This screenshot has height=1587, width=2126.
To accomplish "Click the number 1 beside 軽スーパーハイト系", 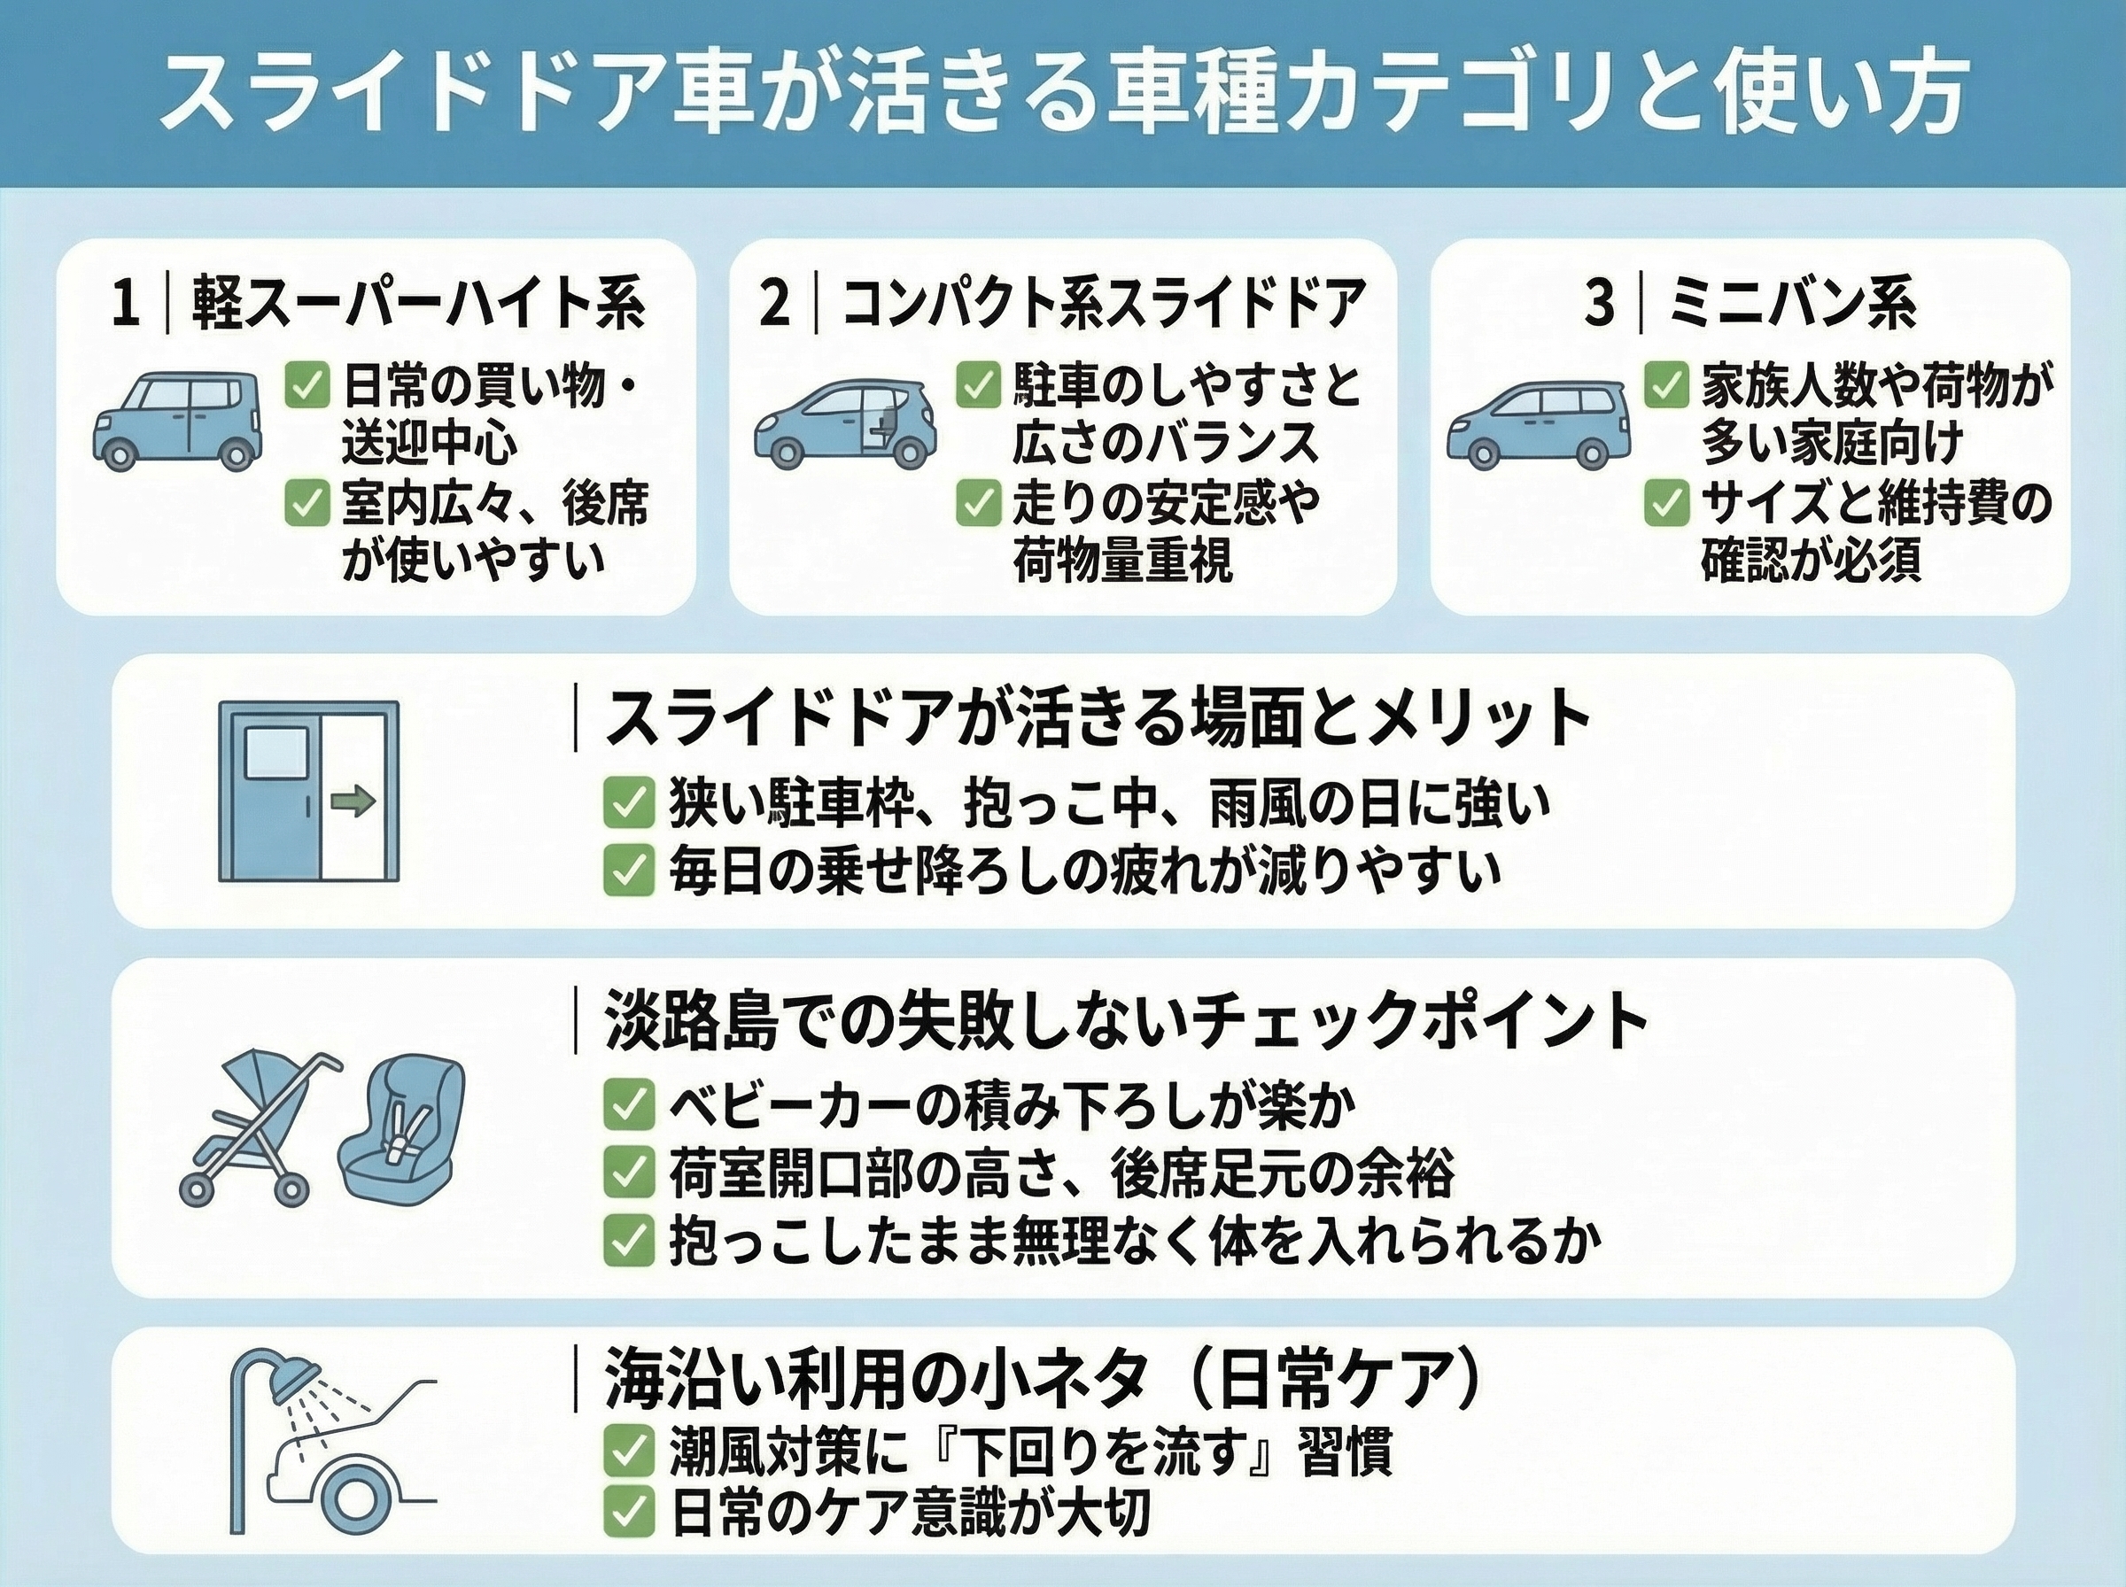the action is [x=125, y=305].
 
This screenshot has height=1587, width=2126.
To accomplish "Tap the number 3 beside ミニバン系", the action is [x=1600, y=305].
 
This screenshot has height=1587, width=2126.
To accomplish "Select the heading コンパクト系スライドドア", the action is [x=1104, y=305].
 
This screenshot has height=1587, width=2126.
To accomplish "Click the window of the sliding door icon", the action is [x=276, y=752].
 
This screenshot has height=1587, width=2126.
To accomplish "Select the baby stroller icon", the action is [x=260, y=1129].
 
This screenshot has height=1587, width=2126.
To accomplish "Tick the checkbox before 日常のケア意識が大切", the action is [x=628, y=1513].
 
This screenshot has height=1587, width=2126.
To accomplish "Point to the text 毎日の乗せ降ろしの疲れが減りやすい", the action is [x=1084, y=871].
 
